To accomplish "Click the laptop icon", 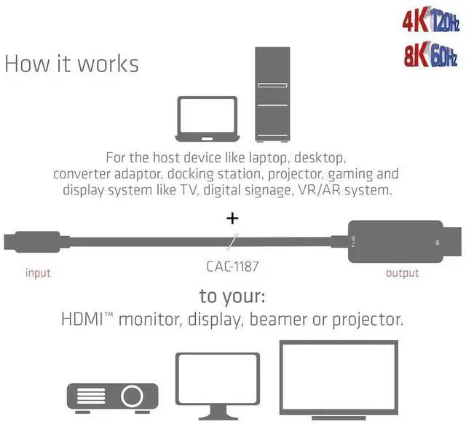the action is point(208,119).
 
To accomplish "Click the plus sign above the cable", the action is point(233,218).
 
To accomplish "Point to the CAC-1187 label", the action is point(232,267).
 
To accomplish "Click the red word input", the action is point(38,273).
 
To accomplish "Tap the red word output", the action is point(402,273).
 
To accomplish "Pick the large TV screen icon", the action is point(339,380).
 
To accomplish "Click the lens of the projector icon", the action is point(132,396).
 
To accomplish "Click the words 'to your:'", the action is point(233,297).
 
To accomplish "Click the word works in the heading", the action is point(108,63).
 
